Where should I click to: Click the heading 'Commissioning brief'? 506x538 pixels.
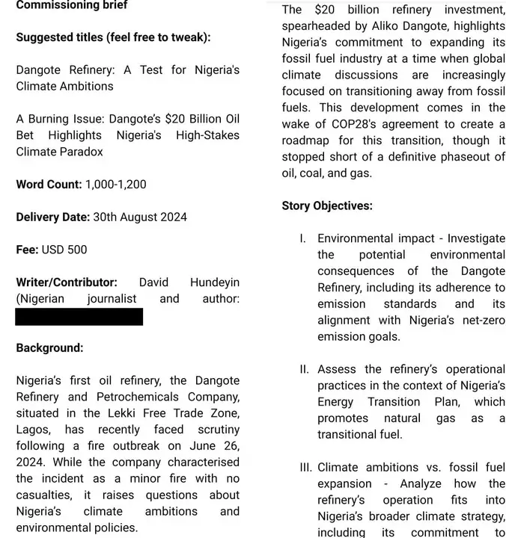(x=72, y=5)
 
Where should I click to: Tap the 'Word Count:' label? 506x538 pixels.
(x=49, y=184)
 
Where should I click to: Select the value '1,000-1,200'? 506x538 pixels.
(x=116, y=184)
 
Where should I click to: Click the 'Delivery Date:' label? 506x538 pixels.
(x=52, y=217)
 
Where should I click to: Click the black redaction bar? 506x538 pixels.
(x=79, y=316)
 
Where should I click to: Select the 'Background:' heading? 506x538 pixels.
(x=49, y=348)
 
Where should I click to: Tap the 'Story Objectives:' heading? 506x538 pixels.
(x=327, y=205)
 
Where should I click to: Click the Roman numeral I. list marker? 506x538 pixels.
(x=302, y=238)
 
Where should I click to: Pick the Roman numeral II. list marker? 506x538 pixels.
(x=303, y=369)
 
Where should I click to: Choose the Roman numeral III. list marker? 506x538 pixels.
(x=305, y=467)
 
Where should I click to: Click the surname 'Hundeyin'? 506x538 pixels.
(x=215, y=282)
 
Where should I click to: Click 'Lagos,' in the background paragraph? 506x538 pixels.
(x=33, y=430)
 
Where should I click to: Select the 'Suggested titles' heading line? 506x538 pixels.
(x=113, y=37)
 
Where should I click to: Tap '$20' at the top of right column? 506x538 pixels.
(x=325, y=10)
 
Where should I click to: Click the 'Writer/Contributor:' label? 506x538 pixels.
(x=67, y=282)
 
